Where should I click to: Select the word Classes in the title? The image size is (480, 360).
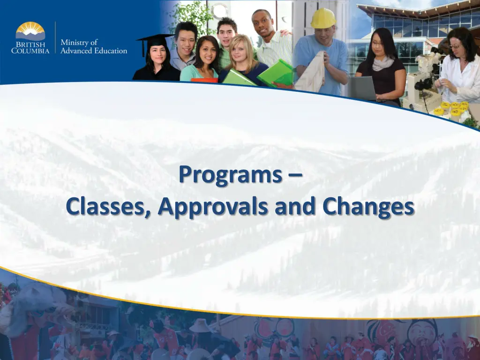point(108,207)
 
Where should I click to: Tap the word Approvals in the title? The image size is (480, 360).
point(215,207)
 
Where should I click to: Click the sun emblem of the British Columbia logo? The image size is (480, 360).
point(30,31)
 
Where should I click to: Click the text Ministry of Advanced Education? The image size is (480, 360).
point(94,46)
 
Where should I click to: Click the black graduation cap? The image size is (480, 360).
point(155,40)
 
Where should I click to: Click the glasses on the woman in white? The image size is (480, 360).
point(455,46)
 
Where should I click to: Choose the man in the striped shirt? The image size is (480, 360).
point(272,45)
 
